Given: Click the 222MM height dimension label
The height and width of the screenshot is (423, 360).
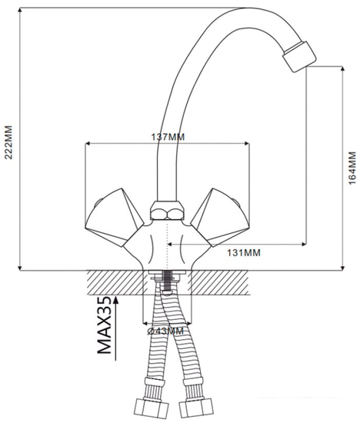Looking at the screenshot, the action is coord(9,142).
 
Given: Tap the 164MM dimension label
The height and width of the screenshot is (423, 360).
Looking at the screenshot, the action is coord(352,168).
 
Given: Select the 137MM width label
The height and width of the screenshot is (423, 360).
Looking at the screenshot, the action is coord(168,137).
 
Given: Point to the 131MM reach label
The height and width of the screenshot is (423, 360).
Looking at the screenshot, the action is coord(244,253).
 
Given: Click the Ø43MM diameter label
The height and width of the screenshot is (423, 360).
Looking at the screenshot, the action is coord(165,331).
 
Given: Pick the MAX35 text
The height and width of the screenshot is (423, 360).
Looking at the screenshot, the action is coord(104,325).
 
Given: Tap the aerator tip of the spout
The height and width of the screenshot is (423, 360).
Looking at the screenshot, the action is coord(299,57).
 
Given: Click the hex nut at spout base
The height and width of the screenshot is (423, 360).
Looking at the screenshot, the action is coord(168,210).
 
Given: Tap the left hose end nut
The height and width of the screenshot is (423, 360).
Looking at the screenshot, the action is coord(152,408).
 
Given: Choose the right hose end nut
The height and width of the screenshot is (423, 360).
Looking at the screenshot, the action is coord(196,407).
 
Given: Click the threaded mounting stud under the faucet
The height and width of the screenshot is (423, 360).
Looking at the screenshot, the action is coord(168,281).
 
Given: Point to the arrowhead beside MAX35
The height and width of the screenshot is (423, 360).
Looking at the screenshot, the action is coord(116,299).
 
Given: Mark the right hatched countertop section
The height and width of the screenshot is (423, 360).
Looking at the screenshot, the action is coord(218,282).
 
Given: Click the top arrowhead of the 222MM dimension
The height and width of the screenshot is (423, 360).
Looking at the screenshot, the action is coord(20,10).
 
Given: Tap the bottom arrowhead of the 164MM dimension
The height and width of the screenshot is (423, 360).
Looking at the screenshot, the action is coord(343,268).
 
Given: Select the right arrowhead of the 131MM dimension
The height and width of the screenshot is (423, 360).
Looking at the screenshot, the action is coord(304,245).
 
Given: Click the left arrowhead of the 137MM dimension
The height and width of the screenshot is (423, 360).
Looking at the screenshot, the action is coord(88,144).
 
